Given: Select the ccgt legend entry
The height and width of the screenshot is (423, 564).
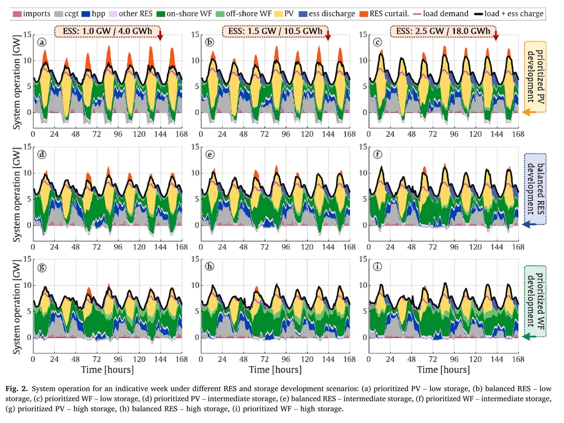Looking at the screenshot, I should tap(74, 14).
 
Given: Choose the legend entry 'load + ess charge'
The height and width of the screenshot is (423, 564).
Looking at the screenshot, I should tap(507, 14).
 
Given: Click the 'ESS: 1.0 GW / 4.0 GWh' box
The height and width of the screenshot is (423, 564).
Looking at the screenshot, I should tap(107, 31).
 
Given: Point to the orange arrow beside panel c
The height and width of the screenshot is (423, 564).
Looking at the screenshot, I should tap(528, 113).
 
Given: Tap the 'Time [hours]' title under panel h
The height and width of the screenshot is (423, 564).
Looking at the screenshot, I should tap(275, 369).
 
